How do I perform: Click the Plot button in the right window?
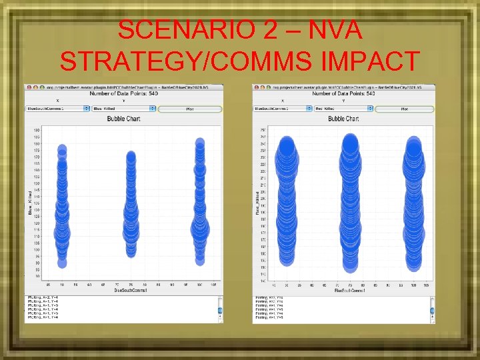point(400,108)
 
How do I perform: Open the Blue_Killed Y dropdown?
point(123,108)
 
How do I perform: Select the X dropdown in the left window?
point(57,108)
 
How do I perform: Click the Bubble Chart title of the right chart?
point(343,119)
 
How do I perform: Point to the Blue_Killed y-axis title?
point(29,202)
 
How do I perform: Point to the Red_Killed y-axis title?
point(257,202)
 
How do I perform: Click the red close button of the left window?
point(27,87)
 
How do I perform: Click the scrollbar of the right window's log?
point(431,308)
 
